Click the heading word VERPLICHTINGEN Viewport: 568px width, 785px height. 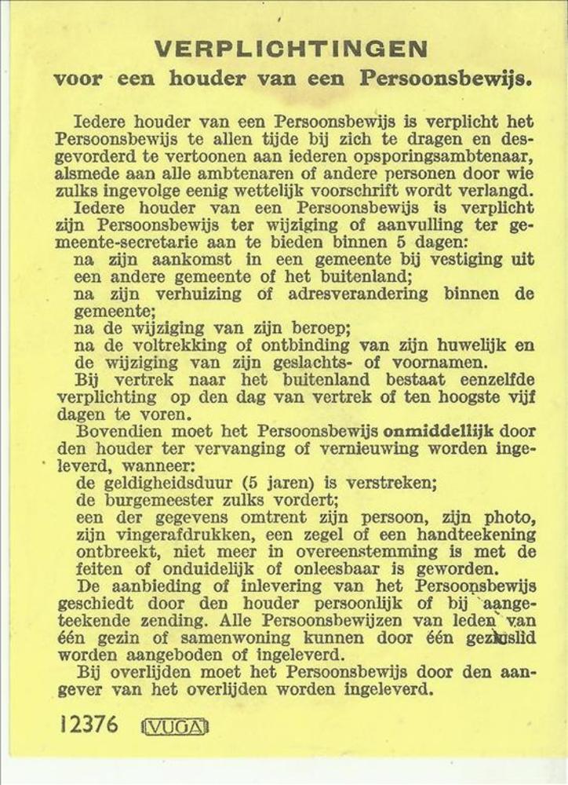pos(290,49)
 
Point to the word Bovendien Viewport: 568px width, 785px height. pos(115,432)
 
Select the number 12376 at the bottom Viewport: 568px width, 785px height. pos(89,724)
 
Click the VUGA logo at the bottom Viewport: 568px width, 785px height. pos(175,726)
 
